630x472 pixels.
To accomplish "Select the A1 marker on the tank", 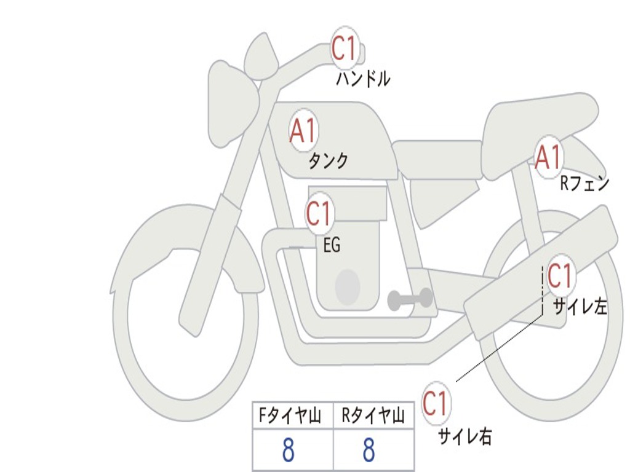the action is [303, 131].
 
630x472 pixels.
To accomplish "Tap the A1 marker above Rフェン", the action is [548, 157].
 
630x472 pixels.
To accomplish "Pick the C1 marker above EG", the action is [319, 214].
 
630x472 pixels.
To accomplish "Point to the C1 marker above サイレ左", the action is [559, 276].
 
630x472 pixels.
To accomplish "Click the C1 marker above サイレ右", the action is [435, 404].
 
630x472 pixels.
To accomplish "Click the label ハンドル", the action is [363, 79].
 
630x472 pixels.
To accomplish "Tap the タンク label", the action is [328, 161].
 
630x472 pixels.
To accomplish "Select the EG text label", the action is [332, 245].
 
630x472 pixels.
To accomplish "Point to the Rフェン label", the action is [584, 183].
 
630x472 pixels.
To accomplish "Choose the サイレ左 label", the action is [580, 306].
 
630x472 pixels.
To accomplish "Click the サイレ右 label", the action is [465, 436].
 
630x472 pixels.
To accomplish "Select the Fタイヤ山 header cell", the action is [292, 417].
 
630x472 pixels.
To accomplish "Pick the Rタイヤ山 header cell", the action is [373, 417].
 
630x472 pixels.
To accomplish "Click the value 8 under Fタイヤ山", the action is [289, 450].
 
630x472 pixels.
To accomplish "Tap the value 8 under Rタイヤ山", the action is [369, 450].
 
